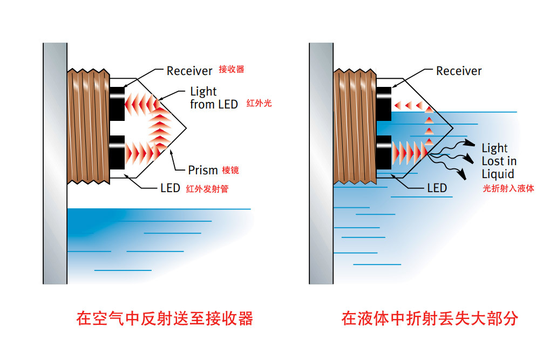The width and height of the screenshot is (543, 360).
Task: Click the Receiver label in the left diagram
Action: (x=189, y=71)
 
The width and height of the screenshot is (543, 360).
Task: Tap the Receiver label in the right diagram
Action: (x=459, y=71)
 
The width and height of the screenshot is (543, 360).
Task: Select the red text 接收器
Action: (x=231, y=69)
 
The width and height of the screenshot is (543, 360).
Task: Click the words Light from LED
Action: (x=214, y=98)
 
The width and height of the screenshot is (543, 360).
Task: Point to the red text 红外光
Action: (x=259, y=103)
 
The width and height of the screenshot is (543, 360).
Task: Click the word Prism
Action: (x=202, y=171)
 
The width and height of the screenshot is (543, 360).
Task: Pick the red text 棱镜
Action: (x=230, y=171)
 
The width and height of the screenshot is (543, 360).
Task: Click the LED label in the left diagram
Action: (x=170, y=188)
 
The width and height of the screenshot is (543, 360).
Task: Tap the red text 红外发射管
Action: (x=207, y=189)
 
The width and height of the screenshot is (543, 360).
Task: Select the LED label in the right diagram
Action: (x=437, y=188)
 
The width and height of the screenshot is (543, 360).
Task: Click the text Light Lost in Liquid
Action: (x=499, y=161)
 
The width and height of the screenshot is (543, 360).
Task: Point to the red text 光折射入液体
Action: (x=508, y=188)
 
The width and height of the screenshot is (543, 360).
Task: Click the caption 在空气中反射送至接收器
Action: (x=165, y=318)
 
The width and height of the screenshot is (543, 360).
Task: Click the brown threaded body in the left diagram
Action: (x=89, y=127)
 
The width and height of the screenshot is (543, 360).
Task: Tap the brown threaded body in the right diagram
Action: (x=355, y=127)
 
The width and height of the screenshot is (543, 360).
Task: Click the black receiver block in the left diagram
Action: (x=117, y=103)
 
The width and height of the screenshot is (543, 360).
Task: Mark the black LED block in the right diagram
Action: (x=383, y=152)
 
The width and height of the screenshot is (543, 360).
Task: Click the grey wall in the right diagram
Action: (x=321, y=162)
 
